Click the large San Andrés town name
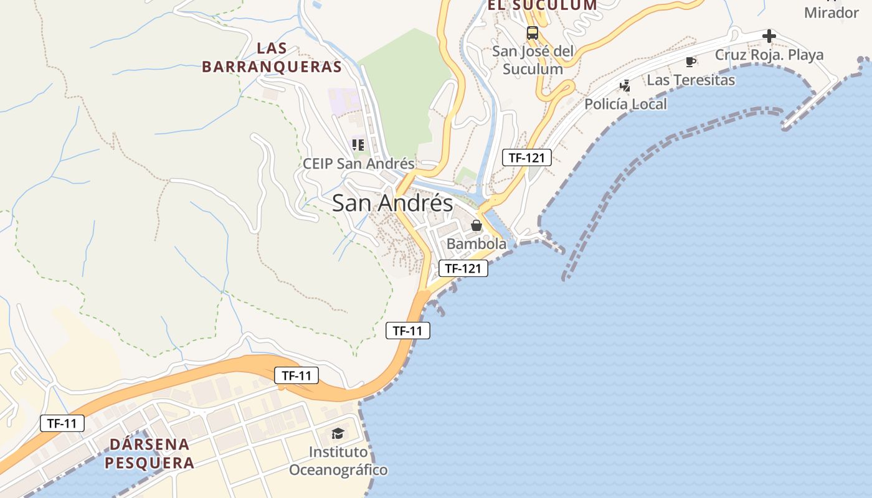point(392,203)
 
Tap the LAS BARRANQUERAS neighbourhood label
point(272,57)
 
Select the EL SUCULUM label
point(542,5)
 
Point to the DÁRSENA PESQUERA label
point(149,453)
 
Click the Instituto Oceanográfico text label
point(338,461)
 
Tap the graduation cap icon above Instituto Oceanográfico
point(338,433)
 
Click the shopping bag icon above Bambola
point(476,225)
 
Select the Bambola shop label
point(476,244)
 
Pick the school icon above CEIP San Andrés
point(358,145)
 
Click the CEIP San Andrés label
point(358,164)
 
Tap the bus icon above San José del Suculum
point(532,33)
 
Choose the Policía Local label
point(625,104)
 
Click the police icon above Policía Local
point(625,86)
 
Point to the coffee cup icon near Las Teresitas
point(690,62)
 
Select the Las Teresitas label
point(691,80)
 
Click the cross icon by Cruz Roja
point(769,36)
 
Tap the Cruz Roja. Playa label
point(769,55)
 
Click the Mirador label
point(832,12)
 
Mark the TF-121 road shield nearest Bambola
point(463,269)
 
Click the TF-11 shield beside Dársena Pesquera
point(62,423)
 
